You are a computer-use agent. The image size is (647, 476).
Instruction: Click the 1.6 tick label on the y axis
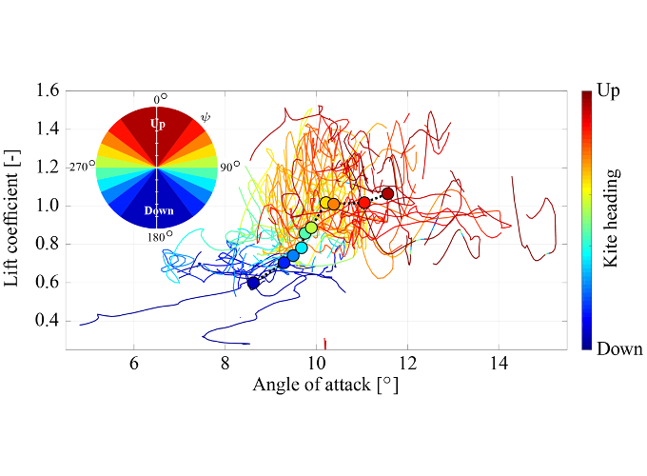(x=48, y=90)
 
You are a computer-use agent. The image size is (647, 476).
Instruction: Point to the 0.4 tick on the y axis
(x=48, y=321)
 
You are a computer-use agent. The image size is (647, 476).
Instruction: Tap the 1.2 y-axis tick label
(x=48, y=167)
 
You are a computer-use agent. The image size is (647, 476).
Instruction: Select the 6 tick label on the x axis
(x=134, y=364)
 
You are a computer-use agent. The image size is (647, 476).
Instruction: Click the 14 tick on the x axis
(x=499, y=364)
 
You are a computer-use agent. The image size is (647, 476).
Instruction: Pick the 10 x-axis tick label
(x=317, y=364)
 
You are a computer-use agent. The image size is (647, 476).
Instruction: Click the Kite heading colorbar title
(x=611, y=218)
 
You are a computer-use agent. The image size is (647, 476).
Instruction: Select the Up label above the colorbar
(x=609, y=90)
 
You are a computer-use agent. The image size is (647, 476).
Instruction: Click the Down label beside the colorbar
(x=619, y=348)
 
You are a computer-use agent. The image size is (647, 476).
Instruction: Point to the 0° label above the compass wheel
(x=161, y=99)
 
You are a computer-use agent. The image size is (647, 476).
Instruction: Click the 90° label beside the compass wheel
(x=230, y=167)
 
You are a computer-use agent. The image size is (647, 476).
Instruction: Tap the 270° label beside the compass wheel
(x=83, y=166)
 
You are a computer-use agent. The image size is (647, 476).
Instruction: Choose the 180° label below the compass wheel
(x=160, y=236)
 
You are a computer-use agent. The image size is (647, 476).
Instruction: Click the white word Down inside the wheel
(x=159, y=211)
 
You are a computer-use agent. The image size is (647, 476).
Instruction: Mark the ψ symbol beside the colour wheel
(x=206, y=118)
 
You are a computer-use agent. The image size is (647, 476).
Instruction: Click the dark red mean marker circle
(x=387, y=193)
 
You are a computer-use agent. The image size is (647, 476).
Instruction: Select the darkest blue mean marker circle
(x=253, y=283)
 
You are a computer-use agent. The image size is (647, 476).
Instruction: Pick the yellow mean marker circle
(x=325, y=203)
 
